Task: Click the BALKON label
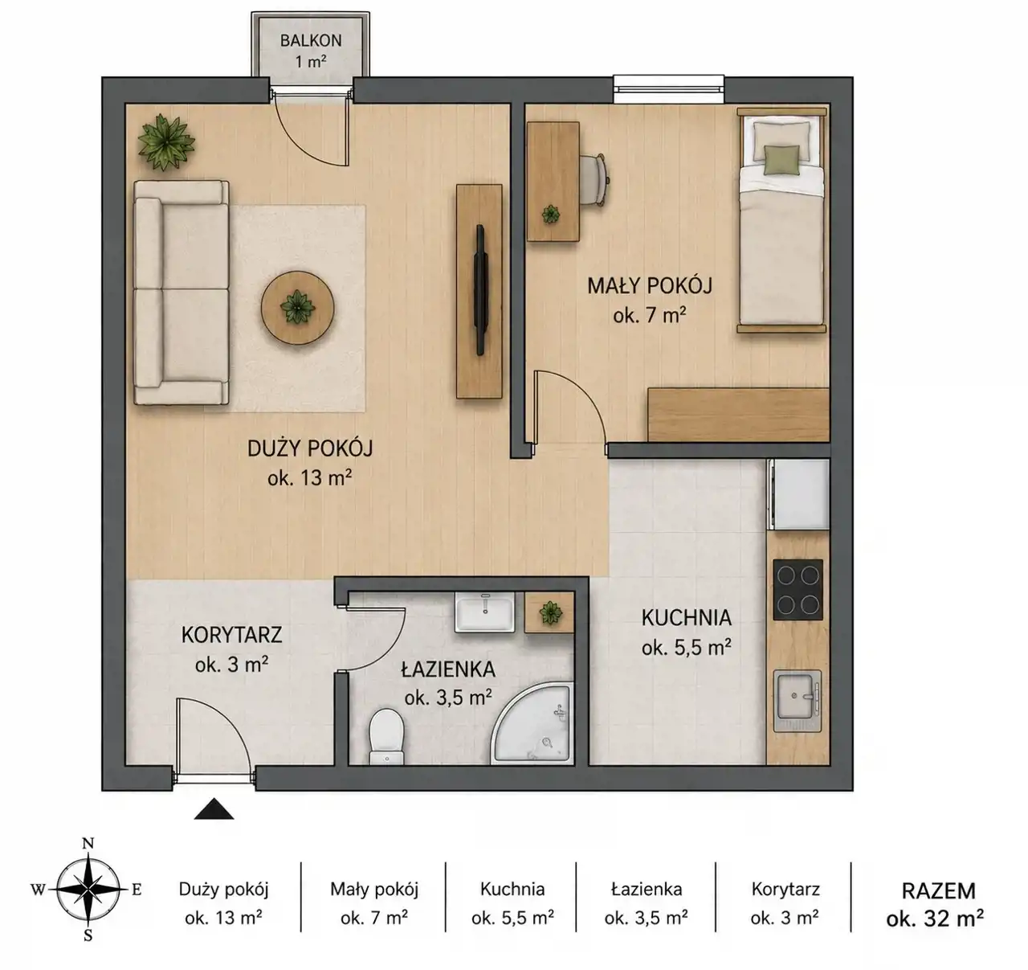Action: (311, 40)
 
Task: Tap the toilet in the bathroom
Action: (386, 736)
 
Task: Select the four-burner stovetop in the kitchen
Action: (798, 590)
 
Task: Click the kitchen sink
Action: (798, 701)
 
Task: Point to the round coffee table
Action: (297, 307)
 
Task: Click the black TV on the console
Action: (481, 290)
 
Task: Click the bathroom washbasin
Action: (485, 612)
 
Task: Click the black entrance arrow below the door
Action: (214, 808)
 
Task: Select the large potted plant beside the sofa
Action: (165, 142)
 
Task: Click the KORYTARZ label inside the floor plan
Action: (231, 635)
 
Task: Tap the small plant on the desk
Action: (550, 214)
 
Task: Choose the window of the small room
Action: (668, 88)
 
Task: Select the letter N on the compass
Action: (88, 844)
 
